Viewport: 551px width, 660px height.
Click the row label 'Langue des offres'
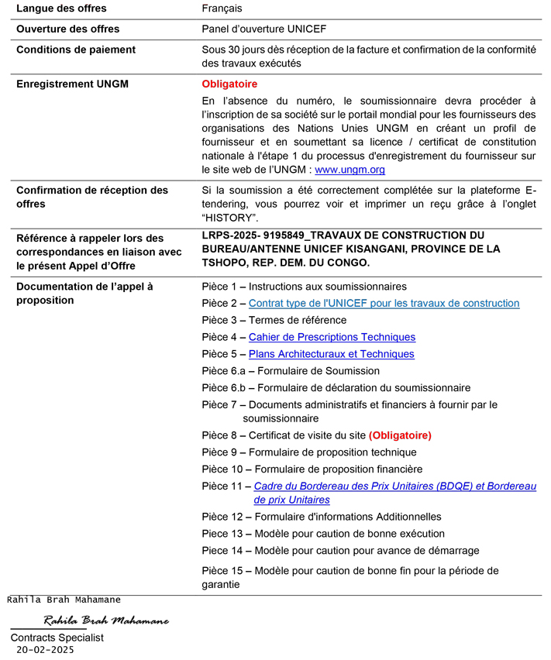61,9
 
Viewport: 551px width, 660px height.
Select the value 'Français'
222,9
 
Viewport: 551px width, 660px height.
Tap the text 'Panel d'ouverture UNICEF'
263,29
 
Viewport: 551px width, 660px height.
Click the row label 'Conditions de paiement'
76,50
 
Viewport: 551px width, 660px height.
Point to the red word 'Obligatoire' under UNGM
229,84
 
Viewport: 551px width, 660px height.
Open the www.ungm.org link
350,170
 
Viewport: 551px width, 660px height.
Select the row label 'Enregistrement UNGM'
72,84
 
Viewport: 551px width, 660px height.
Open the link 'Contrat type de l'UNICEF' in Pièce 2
384,303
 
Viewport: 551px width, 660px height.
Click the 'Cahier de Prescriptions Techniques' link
332,337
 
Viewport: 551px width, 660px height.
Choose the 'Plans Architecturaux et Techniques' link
331,354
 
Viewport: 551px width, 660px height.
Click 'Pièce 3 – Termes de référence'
274,320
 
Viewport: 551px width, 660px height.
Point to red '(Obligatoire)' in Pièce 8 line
400,435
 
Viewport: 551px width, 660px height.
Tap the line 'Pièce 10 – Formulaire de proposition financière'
312,469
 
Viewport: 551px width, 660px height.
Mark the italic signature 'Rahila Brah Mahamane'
106,621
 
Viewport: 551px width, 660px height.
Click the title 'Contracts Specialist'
57,638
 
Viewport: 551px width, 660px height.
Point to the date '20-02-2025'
45,650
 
